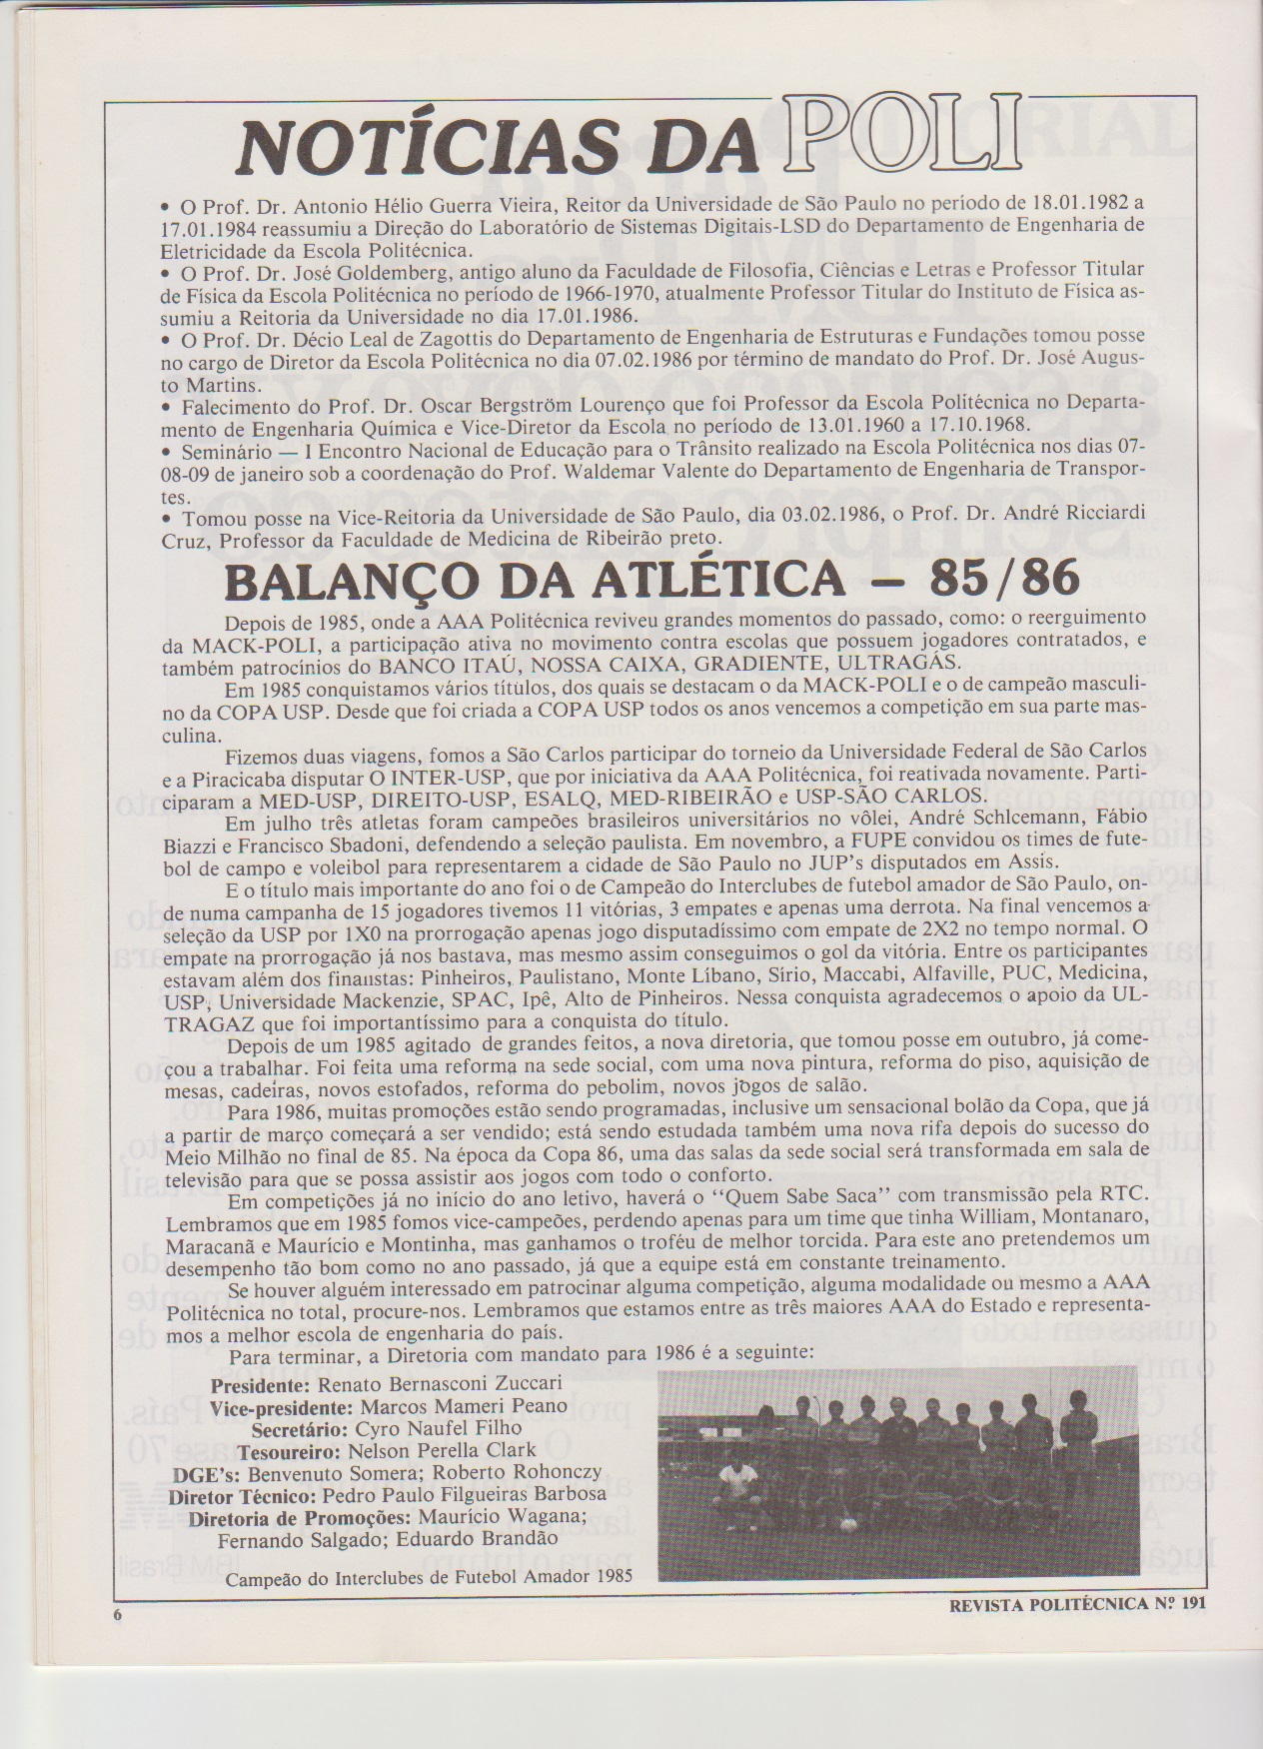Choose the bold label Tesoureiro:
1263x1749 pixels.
point(264,1449)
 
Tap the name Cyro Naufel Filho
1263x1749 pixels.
point(412,1427)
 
